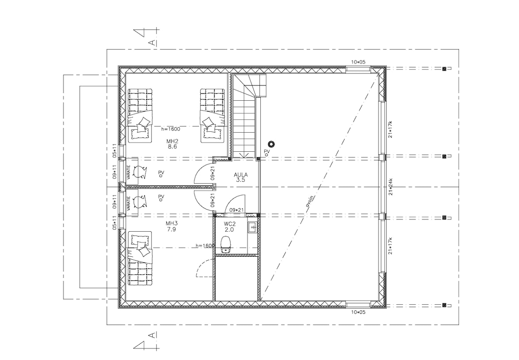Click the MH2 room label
pyautogui.click(x=173, y=141)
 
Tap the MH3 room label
pyautogui.click(x=172, y=223)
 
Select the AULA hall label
pyautogui.click(x=241, y=175)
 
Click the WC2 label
pyautogui.click(x=230, y=224)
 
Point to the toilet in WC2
pyautogui.click(x=226, y=244)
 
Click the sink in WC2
pyautogui.click(x=252, y=227)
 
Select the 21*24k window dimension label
pyautogui.click(x=391, y=187)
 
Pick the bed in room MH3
pyautogui.click(x=140, y=258)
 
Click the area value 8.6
pyautogui.click(x=173, y=147)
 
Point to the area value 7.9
pyautogui.click(x=172, y=229)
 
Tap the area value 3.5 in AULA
pyautogui.click(x=241, y=180)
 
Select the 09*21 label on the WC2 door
pyautogui.click(x=237, y=210)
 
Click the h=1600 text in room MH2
pyautogui.click(x=170, y=129)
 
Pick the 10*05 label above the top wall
pyautogui.click(x=358, y=62)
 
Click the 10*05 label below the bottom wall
pyautogui.click(x=358, y=312)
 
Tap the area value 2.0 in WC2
pyautogui.click(x=229, y=229)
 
